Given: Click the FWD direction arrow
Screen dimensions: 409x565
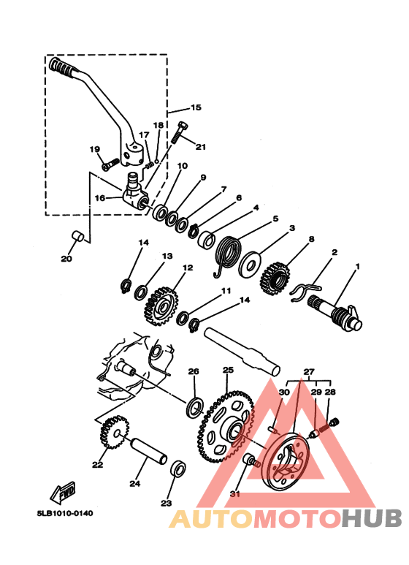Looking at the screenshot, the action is [x=64, y=492].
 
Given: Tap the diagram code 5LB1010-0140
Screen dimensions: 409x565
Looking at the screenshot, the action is [x=64, y=513].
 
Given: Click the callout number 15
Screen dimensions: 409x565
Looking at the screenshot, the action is [x=196, y=107].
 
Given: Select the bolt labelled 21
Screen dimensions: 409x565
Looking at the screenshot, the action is [x=179, y=132].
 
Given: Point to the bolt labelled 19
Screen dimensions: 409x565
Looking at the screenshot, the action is [x=110, y=164].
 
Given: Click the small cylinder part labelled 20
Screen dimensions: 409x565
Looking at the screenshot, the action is [x=79, y=236].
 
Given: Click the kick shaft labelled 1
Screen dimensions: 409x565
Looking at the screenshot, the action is [x=335, y=313].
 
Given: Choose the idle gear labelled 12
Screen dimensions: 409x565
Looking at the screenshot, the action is [x=161, y=306].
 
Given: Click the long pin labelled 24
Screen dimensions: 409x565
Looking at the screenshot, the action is [x=149, y=451].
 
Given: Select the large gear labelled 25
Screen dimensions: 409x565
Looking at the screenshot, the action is [x=226, y=426].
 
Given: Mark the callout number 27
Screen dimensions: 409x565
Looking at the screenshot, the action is [x=309, y=372].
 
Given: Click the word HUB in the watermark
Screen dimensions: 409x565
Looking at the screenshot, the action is [x=372, y=518].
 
